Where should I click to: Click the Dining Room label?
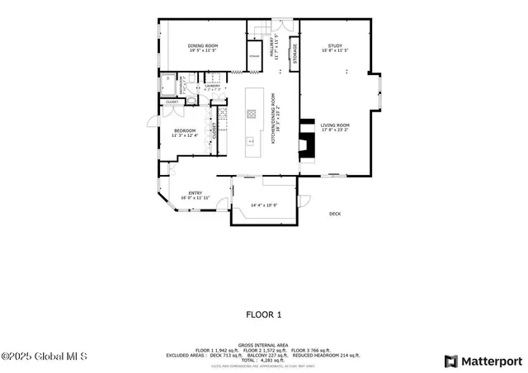(201, 46)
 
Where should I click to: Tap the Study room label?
(334, 46)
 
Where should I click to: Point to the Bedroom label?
(184, 130)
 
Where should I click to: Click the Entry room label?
(195, 193)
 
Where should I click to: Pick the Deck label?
(334, 214)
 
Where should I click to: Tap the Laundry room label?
(212, 85)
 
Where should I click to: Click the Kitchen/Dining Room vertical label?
(275, 124)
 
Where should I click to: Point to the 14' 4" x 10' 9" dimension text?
(264, 205)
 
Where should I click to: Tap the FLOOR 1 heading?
(264, 314)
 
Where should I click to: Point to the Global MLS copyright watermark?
(38, 356)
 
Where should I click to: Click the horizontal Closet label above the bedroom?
(172, 102)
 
